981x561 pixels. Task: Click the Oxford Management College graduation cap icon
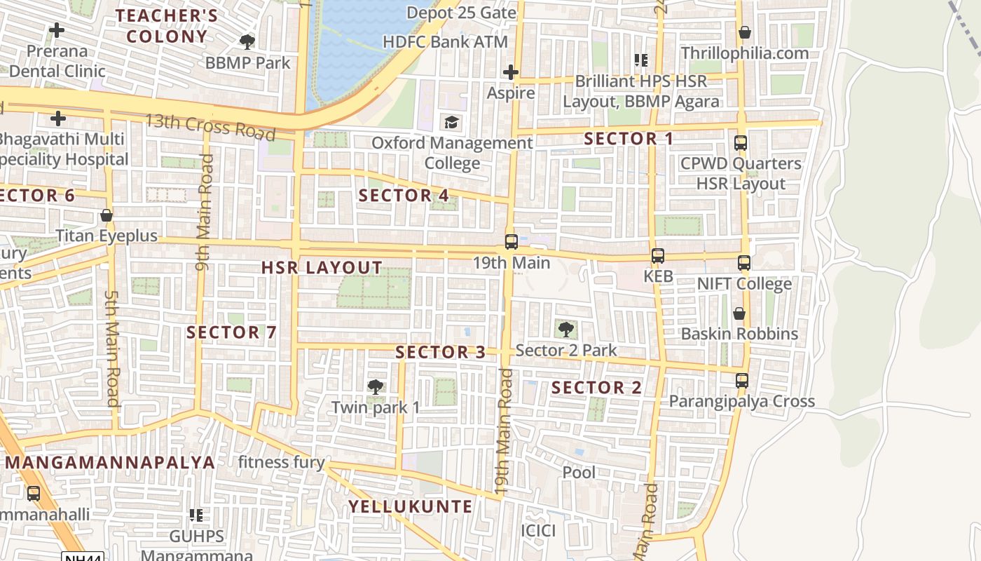451,123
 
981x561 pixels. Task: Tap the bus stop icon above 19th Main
512,242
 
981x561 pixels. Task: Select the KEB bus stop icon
657,256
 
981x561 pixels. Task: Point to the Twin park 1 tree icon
376,386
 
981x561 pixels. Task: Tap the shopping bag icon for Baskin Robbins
739,313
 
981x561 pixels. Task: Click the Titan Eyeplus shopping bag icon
107,215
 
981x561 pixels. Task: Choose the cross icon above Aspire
511,72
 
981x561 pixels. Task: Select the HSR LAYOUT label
322,267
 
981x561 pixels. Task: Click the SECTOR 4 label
404,196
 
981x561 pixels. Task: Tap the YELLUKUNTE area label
411,506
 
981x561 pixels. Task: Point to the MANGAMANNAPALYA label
110,463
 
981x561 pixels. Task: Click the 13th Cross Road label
210,126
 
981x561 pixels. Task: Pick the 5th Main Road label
112,349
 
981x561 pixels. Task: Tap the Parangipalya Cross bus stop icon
741,381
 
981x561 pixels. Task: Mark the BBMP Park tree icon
247,42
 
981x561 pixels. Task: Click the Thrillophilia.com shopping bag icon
744,33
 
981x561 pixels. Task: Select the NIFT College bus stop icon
743,263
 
